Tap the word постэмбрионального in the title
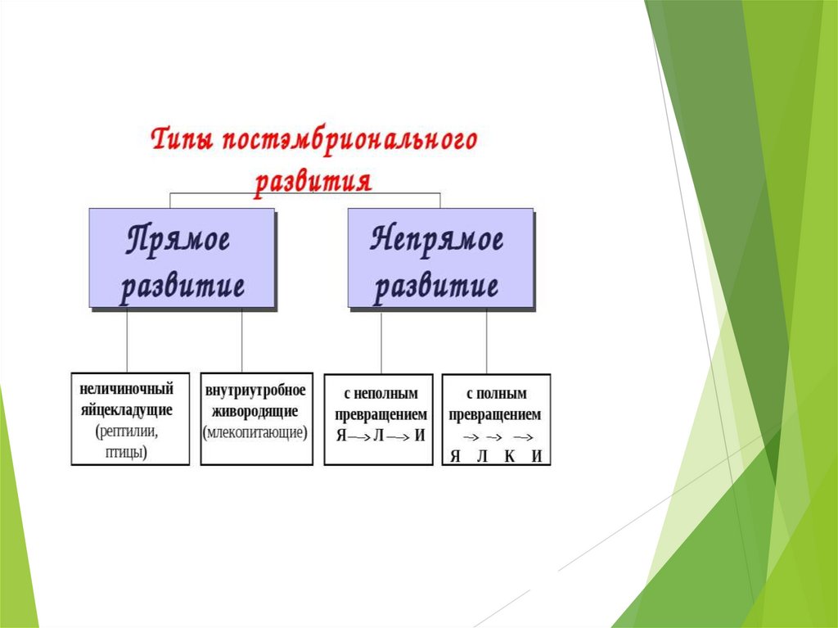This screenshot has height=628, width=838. point(348,142)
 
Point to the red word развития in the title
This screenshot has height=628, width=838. point(313,179)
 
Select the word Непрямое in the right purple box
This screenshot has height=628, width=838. point(438,241)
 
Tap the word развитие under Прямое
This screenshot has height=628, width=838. point(182,287)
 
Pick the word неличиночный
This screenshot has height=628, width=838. point(127,388)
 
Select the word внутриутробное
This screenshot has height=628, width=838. point(256,388)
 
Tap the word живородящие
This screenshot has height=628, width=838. point(256,410)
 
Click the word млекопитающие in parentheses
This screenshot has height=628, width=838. point(256,432)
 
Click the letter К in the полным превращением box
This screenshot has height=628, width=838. point(509,457)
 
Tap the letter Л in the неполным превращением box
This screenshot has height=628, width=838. point(378,436)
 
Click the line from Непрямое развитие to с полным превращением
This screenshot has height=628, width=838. point(486,341)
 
